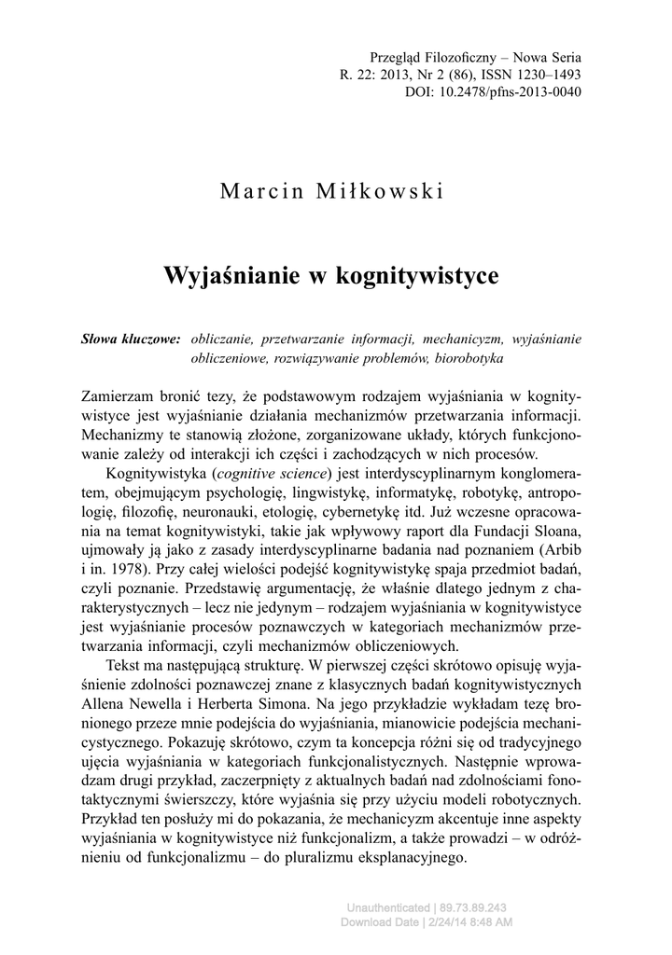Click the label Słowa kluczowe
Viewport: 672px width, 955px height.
[132, 339]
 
